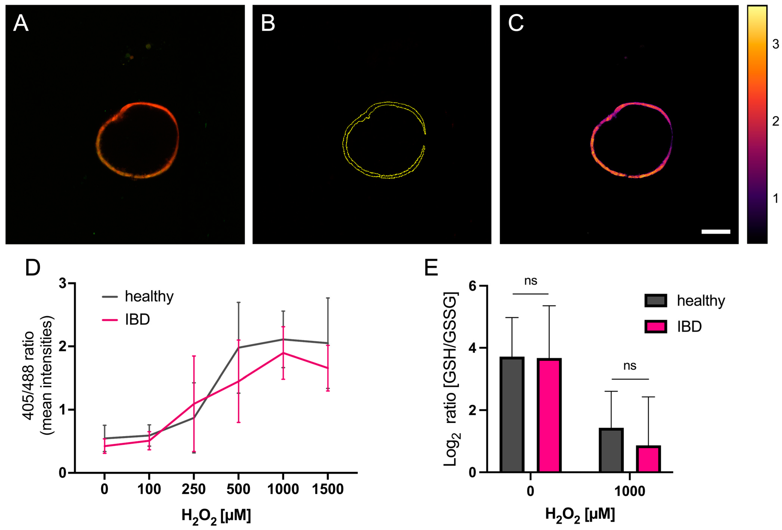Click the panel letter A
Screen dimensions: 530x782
pyautogui.click(x=21, y=24)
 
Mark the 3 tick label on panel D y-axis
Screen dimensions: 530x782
pyautogui.click(x=63, y=283)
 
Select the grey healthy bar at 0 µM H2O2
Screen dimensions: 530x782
pyautogui.click(x=512, y=414)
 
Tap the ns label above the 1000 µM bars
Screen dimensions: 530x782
pyautogui.click(x=630, y=366)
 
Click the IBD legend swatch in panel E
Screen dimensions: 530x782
pyautogui.click(x=655, y=327)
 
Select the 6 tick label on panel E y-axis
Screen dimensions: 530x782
pyautogui.click(x=473, y=286)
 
